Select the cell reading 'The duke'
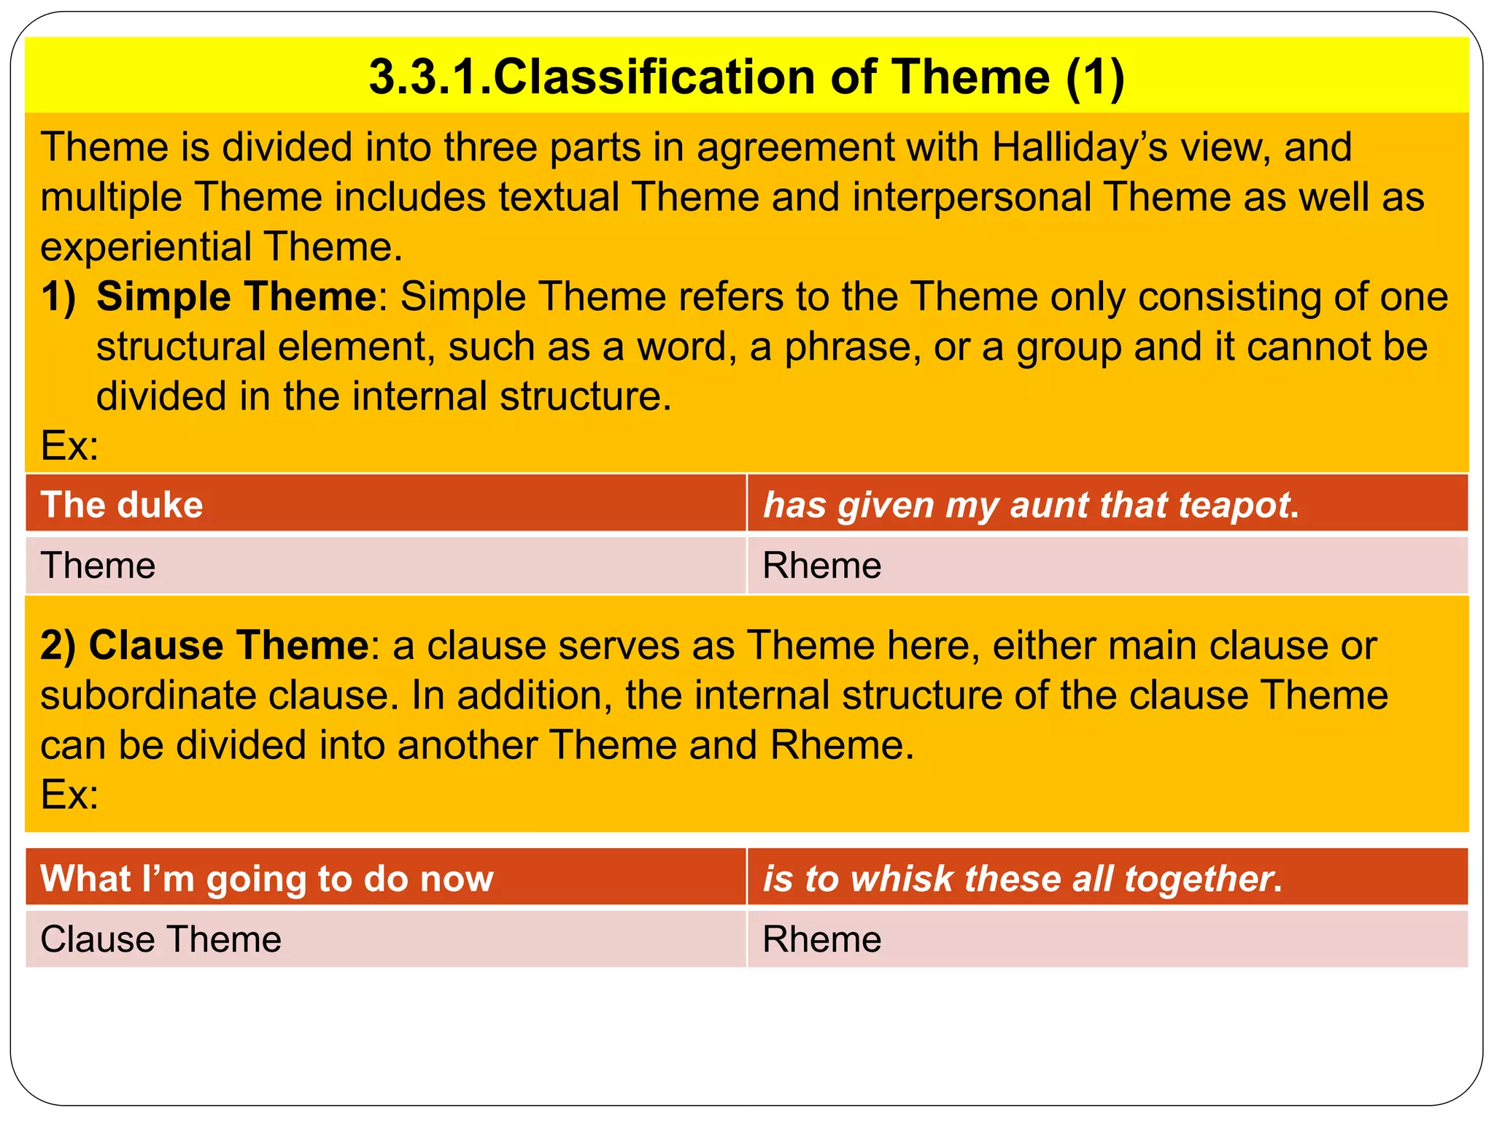385,504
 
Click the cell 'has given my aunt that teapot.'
1107,504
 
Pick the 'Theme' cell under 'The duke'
385,566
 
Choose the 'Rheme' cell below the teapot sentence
1107,566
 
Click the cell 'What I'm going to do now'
385,878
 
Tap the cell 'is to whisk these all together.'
1107,878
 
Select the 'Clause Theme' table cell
385,939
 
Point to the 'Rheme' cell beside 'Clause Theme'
1107,939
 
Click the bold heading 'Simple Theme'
236,297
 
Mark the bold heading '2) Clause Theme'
204,645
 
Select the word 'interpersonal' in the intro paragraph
970,197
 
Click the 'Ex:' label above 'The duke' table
69,445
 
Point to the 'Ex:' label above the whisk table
69,794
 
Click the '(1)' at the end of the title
1094,77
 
